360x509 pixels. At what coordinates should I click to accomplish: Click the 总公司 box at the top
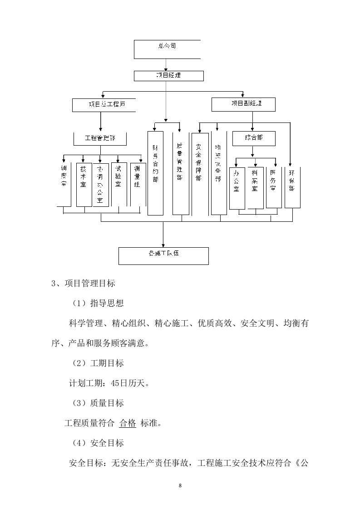point(167,49)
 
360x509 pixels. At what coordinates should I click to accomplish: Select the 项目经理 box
point(168,75)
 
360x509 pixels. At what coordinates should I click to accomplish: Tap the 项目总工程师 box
point(105,105)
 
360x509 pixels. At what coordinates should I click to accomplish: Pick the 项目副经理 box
point(243,104)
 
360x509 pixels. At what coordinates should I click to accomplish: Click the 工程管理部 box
point(100,138)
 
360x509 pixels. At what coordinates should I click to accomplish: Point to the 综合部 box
point(253,138)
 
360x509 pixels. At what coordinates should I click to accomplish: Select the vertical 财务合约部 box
point(155,173)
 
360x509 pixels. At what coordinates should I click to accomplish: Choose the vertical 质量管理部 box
point(180,173)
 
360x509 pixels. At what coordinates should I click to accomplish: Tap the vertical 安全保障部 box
point(200,173)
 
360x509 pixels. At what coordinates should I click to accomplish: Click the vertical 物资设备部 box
point(218,173)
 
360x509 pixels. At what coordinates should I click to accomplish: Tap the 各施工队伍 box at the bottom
point(163,255)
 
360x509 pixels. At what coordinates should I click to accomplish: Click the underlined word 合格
point(127,423)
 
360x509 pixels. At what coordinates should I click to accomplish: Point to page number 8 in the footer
point(180,486)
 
